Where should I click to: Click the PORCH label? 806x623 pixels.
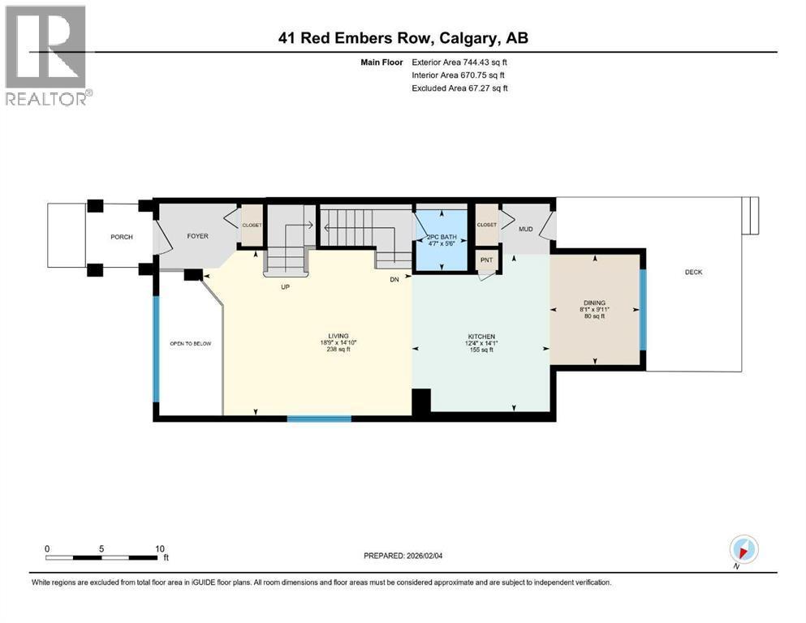[121, 237]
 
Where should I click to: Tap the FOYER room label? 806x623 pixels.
[198, 237]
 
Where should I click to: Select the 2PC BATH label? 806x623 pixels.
[442, 237]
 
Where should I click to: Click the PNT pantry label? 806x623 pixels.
[487, 260]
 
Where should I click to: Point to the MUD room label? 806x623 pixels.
[526, 228]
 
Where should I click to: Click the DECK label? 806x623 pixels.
[692, 273]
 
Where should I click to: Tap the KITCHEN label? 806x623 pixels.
[481, 337]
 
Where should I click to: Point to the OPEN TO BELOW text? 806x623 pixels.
[190, 344]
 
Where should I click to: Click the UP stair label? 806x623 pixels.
[285, 287]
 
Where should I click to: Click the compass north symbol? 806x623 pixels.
[744, 549]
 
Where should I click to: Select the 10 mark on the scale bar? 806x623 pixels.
[160, 548]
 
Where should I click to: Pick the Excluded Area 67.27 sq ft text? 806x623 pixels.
[460, 88]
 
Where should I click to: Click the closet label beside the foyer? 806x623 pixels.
[252, 225]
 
